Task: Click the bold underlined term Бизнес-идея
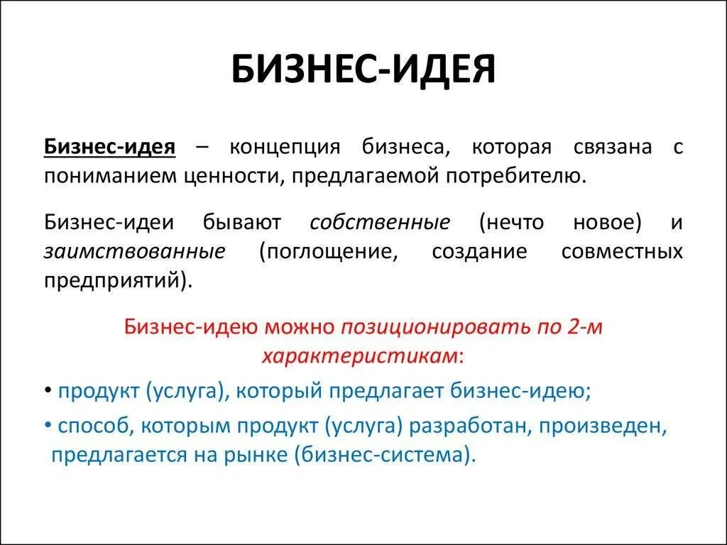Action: coord(109,148)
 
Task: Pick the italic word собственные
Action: coord(380,222)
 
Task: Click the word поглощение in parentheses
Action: coord(328,251)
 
